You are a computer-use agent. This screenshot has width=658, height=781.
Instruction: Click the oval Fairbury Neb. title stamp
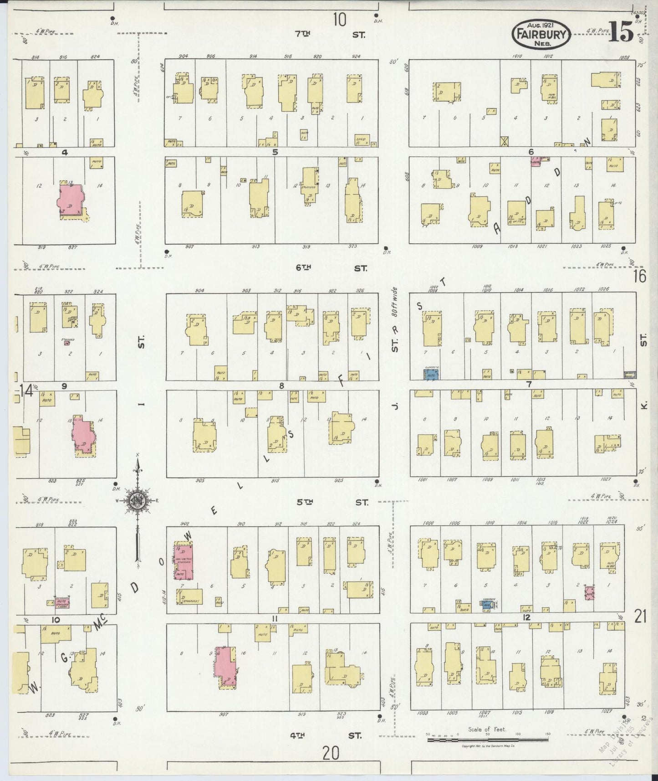click(541, 34)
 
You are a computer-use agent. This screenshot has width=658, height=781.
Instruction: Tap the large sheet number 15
click(621, 32)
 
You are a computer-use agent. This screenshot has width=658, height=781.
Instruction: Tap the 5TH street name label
click(305, 502)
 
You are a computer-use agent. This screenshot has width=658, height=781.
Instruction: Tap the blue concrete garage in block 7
click(432, 375)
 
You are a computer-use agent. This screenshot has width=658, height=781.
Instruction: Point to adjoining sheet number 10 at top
click(339, 20)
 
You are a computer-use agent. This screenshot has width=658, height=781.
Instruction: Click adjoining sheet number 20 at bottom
click(331, 754)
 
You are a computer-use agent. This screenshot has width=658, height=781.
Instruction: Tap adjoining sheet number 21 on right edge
click(640, 617)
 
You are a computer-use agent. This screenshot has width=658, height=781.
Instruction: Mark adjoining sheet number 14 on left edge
click(26, 390)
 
